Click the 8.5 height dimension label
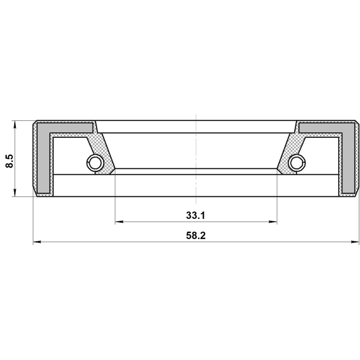tap(10, 161)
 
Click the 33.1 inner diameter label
tap(195, 215)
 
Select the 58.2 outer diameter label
tap(196, 236)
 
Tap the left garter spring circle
tap(94, 163)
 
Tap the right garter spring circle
tap(298, 163)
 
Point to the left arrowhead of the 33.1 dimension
tap(119, 222)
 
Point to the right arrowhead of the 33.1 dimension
tap(273, 222)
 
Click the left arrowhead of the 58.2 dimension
tap(37, 242)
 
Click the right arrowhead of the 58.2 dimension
tap(355, 242)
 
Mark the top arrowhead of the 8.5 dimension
tap(15, 125)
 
